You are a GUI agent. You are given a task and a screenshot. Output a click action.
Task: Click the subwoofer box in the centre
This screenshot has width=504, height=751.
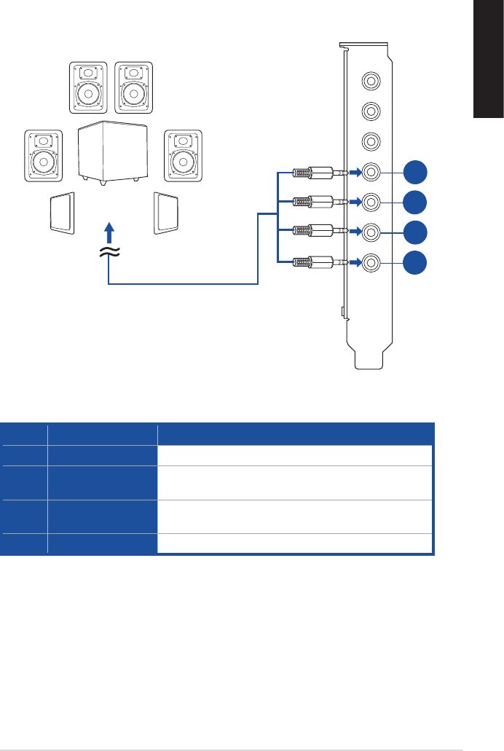click(x=113, y=151)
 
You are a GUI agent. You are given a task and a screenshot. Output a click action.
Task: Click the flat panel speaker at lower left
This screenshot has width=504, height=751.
click(x=62, y=213)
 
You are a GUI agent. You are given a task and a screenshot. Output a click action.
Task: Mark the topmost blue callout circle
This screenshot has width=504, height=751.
click(x=415, y=173)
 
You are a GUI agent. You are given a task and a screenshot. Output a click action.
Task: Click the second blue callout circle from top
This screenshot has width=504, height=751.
click(x=415, y=202)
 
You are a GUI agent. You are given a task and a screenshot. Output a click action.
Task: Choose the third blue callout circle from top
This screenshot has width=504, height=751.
click(x=415, y=232)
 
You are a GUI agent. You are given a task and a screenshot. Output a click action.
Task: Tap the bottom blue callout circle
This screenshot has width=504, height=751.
click(x=415, y=262)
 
